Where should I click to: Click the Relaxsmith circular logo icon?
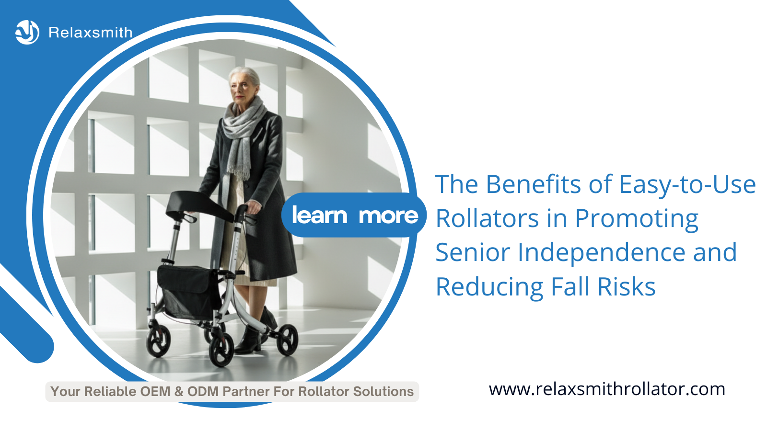pyautogui.click(x=27, y=33)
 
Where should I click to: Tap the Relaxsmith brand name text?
pyautogui.click(x=90, y=33)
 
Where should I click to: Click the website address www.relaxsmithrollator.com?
pyautogui.click(x=607, y=389)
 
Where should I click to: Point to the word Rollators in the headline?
pyautogui.click(x=487, y=219)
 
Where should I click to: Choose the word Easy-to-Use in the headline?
pyautogui.click(x=687, y=185)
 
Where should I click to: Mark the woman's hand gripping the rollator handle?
pyautogui.click(x=254, y=208)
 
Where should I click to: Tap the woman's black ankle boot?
pyautogui.click(x=248, y=341)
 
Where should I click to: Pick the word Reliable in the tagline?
pyautogui.click(x=110, y=392)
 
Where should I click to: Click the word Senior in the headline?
pyautogui.click(x=473, y=252)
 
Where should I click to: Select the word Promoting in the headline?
pyautogui.click(x=636, y=219)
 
